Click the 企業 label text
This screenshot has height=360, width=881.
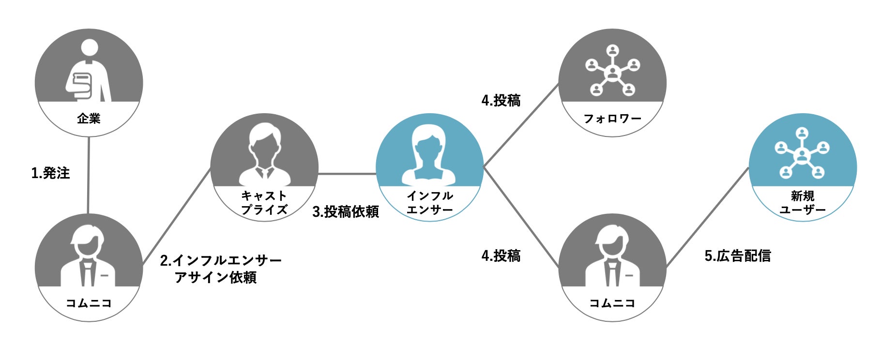point(89,119)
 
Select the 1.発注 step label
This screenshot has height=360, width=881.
point(50,173)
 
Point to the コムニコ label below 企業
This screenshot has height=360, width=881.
point(89,303)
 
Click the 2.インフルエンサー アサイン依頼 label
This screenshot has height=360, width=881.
point(220,269)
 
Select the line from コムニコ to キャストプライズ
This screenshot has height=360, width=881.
point(177,217)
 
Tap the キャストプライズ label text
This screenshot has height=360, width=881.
point(264,203)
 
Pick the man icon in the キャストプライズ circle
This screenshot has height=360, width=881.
point(264,155)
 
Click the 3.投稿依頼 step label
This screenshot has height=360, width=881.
point(345,211)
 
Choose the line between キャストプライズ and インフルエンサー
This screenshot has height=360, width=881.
point(347,174)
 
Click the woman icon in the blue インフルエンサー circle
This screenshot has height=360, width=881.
point(429,155)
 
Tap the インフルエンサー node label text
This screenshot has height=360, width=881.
point(429,203)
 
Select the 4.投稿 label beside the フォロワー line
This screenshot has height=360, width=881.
point(501,101)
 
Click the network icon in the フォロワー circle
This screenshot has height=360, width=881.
point(612,70)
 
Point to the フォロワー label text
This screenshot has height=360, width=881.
point(612,119)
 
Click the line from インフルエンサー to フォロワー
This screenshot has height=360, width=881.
point(521,126)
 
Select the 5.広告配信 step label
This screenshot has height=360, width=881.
point(737,255)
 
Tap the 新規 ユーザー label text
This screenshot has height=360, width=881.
point(803,203)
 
